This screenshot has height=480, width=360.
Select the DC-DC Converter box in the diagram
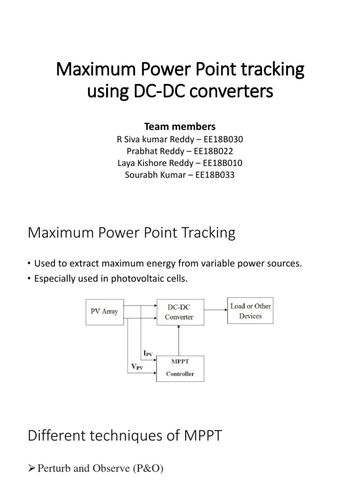[x=179, y=311]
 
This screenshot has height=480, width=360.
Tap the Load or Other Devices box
[x=250, y=311]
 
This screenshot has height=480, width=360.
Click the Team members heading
[x=180, y=127]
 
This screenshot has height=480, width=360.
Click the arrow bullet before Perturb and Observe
[x=32, y=468]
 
